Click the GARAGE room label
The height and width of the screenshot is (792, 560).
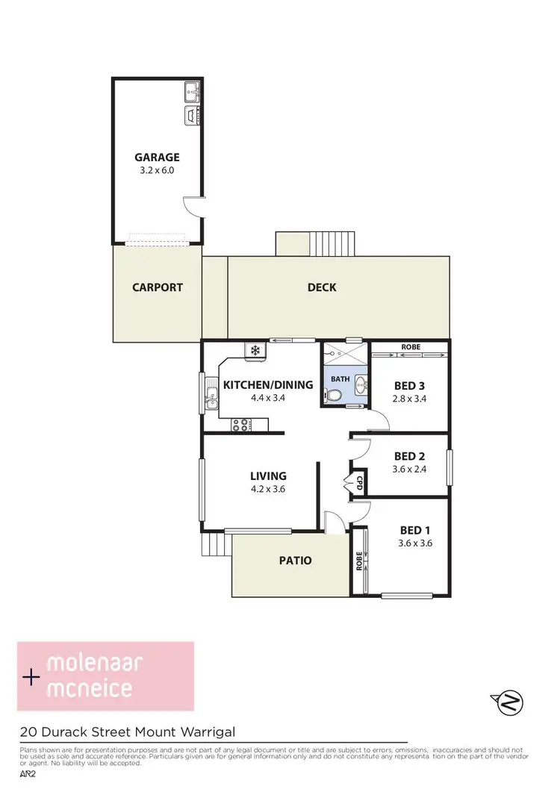click(x=157, y=158)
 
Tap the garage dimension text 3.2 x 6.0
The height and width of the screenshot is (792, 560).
click(x=157, y=171)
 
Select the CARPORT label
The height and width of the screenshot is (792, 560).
click(x=158, y=287)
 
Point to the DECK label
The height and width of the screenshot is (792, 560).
click(x=322, y=287)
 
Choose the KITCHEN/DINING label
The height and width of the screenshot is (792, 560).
click(x=258, y=385)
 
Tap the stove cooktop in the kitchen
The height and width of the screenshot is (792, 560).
click(x=240, y=425)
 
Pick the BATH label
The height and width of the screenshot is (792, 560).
click(x=340, y=379)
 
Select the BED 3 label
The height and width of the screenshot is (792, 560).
click(x=409, y=386)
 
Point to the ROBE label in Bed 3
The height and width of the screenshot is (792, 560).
click(x=410, y=347)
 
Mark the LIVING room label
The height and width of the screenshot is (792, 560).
click(x=268, y=475)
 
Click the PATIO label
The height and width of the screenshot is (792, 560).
click(x=296, y=561)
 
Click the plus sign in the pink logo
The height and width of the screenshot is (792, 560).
click(x=31, y=678)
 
